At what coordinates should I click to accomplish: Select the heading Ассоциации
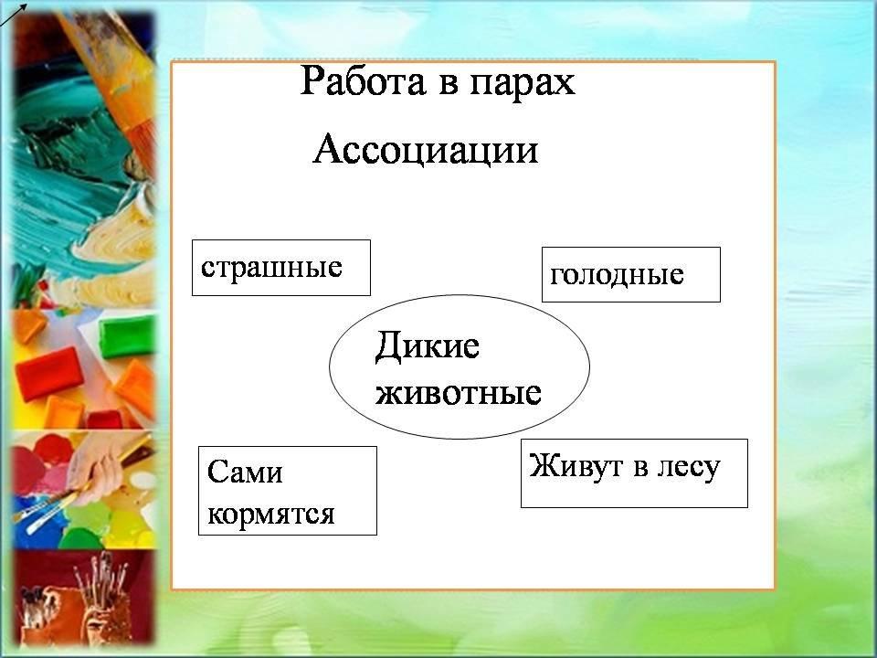click(426, 149)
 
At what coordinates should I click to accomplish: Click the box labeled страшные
click(281, 268)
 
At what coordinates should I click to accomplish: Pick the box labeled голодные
click(631, 274)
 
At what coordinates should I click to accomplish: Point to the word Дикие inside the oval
click(428, 345)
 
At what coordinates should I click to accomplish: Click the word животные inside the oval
click(458, 392)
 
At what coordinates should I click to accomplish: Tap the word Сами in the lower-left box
click(245, 472)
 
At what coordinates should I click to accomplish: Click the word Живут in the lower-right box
click(576, 467)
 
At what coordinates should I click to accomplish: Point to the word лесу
click(689, 468)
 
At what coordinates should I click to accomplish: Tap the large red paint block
click(49, 373)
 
